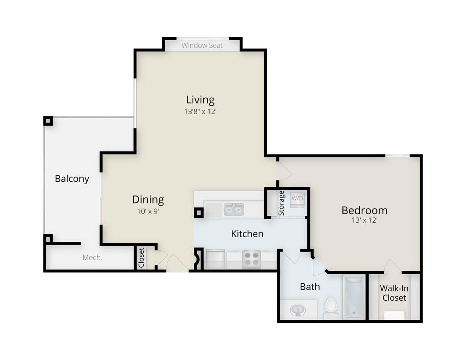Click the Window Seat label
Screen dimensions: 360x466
tap(202, 45)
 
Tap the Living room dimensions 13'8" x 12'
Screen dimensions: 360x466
tap(200, 112)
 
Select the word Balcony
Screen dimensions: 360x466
tap(72, 179)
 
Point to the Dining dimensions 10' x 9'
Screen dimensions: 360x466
tap(148, 211)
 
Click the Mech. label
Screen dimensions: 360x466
tap(92, 258)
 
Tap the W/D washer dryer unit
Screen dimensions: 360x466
tap(297, 200)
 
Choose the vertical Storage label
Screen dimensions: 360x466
tap(281, 203)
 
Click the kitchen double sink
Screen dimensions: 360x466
tap(233, 209)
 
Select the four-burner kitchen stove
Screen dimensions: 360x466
tap(251, 258)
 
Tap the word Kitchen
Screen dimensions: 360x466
tap(247, 234)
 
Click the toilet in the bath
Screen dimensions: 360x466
tap(331, 308)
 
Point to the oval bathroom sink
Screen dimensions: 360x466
tap(297, 310)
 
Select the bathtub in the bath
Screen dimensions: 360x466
tap(354, 297)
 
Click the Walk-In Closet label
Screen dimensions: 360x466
tap(394, 293)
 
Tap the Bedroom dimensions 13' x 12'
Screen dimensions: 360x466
tap(364, 221)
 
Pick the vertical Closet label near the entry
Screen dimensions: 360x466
tap(141, 258)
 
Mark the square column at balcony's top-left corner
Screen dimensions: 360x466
tap(48, 121)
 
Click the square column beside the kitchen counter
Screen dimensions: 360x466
tap(198, 212)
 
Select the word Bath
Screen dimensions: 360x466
tap(310, 287)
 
